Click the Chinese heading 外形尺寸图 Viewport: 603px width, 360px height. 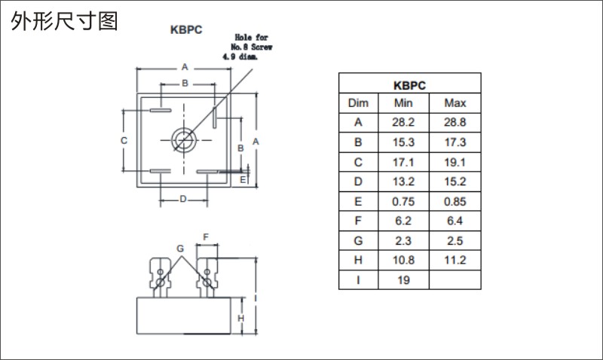pos(64,21)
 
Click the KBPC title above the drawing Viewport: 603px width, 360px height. pos(186,30)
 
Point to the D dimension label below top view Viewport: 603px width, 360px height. pos(183,199)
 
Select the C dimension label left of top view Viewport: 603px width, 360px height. pos(124,141)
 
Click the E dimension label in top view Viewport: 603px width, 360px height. pos(243,180)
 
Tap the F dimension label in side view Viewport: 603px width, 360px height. pos(206,237)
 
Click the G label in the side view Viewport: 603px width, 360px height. pos(180,249)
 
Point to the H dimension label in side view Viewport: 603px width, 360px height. pos(240,318)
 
